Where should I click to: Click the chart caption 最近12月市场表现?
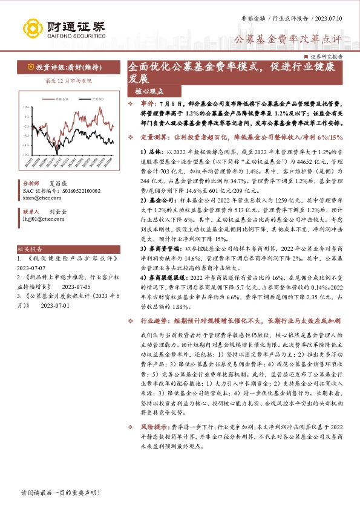[68, 80]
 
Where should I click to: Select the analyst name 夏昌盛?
[59, 181]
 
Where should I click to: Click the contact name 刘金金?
[59, 212]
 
